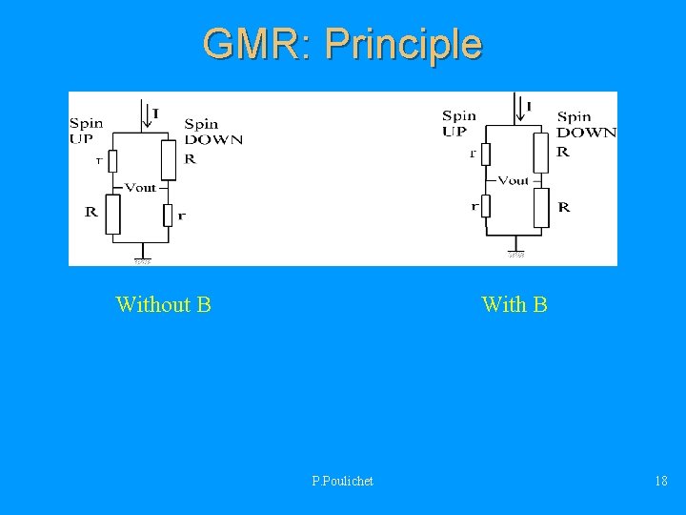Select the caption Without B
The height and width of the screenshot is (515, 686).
(x=163, y=304)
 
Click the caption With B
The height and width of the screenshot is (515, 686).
(x=514, y=304)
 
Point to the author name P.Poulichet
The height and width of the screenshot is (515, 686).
(x=342, y=481)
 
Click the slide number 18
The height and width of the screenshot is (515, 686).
(x=660, y=481)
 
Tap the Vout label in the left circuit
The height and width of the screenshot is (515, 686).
(x=140, y=188)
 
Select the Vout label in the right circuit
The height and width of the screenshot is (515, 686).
(x=513, y=180)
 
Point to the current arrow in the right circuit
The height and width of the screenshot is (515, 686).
(x=516, y=105)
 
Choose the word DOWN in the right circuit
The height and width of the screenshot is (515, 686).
(x=586, y=133)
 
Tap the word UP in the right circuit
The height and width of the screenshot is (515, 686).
(x=454, y=132)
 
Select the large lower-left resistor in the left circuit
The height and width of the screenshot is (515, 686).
(x=112, y=214)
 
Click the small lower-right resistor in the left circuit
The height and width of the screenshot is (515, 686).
(x=168, y=215)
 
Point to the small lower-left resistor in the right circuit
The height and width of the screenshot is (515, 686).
(x=485, y=206)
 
